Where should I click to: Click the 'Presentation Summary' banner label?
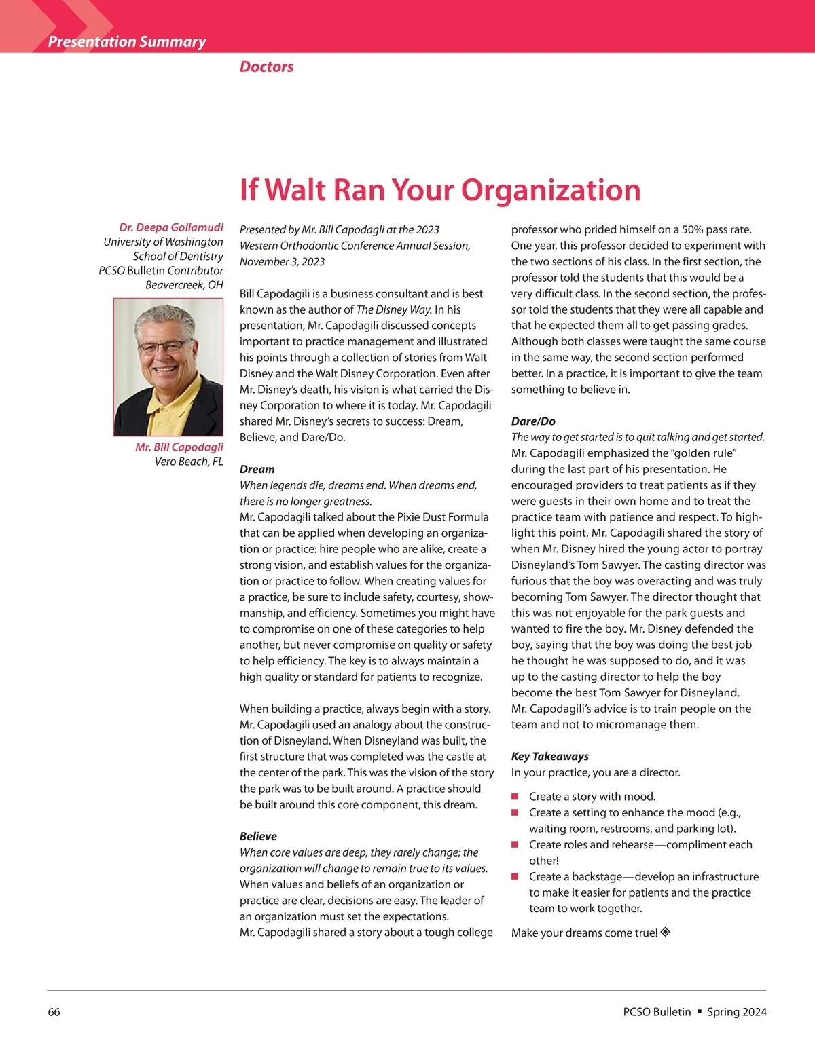pyautogui.click(x=127, y=41)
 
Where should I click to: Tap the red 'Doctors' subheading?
pyautogui.click(x=266, y=67)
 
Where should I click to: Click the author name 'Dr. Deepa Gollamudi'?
pyautogui.click(x=171, y=227)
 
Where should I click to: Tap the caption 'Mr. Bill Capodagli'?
pyautogui.click(x=179, y=447)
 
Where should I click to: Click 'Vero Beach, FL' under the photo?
pyautogui.click(x=189, y=462)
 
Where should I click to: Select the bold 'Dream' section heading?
pyautogui.click(x=257, y=469)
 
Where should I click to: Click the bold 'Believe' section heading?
pyautogui.click(x=258, y=836)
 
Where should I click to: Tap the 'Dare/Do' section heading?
pyautogui.click(x=533, y=421)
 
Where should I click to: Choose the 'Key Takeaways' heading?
pyautogui.click(x=550, y=756)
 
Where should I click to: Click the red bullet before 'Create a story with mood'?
pyautogui.click(x=515, y=796)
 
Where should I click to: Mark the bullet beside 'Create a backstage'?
pyautogui.click(x=515, y=876)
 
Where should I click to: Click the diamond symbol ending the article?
pyautogui.click(x=666, y=932)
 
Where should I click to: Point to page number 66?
pyautogui.click(x=54, y=1012)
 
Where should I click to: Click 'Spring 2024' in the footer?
pyautogui.click(x=737, y=1012)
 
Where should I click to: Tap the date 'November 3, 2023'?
pyautogui.click(x=282, y=261)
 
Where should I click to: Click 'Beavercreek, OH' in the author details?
pyautogui.click(x=184, y=284)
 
